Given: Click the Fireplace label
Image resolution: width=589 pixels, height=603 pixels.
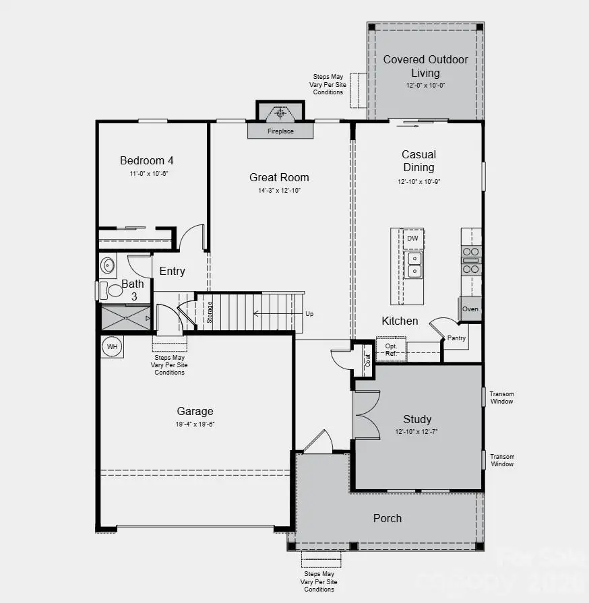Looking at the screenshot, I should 280,131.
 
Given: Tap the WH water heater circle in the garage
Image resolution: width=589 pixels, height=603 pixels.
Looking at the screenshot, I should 111,346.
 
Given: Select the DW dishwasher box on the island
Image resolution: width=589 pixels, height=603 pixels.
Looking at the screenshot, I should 412,239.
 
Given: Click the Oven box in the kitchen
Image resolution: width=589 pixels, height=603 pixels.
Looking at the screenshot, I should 470,309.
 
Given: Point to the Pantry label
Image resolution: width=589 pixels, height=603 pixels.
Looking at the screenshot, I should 456,338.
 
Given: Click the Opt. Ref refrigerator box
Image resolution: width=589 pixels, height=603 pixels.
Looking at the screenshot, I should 391,348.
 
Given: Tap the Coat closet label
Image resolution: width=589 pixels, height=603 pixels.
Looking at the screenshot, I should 367,360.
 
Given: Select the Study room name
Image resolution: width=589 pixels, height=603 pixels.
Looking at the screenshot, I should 417,419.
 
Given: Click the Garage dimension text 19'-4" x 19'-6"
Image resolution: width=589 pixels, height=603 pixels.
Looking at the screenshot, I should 195,424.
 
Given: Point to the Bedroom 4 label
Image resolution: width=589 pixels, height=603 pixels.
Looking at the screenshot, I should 147,160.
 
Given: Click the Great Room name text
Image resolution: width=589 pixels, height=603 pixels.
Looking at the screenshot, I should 279,177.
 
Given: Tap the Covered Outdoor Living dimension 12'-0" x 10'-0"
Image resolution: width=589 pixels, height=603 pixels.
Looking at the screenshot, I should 425,86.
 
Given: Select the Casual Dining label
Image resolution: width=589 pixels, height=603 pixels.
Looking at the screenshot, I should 418,161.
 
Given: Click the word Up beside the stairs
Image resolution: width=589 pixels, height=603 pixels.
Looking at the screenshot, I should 309,314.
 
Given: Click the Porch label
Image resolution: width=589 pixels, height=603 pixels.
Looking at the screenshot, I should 387,518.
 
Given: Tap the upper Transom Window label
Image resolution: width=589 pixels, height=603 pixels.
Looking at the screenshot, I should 501,398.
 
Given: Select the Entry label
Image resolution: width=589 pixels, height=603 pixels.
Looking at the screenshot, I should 172,271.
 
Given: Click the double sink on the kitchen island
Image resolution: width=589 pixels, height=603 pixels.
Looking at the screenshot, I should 413,265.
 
